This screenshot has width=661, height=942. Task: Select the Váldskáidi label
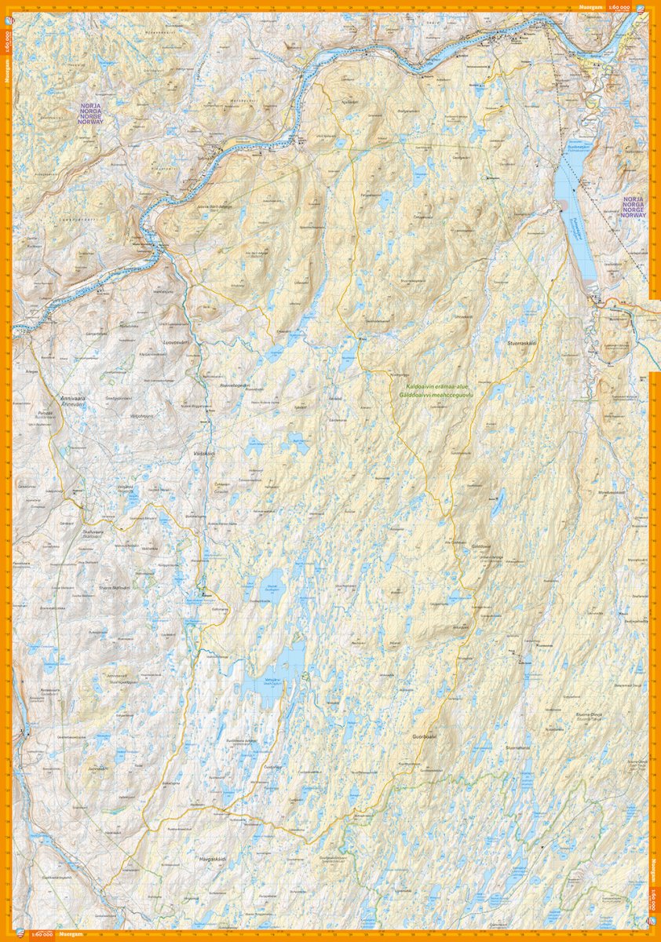pos(203,454)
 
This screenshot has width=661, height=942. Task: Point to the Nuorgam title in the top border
pos(590,7)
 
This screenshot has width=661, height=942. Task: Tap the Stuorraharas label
pos(518,747)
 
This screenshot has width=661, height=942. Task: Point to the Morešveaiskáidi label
pos(634,492)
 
